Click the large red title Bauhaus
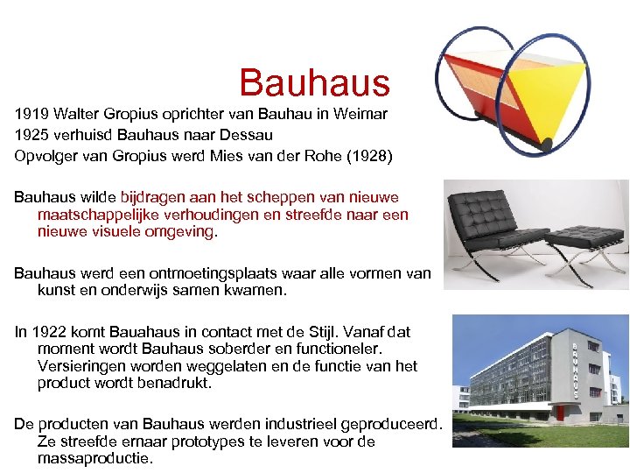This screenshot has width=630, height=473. tap(314, 83)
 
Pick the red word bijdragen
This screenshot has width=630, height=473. tap(150, 197)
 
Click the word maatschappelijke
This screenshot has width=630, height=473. tap(95, 215)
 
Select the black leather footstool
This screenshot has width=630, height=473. tap(584, 241)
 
